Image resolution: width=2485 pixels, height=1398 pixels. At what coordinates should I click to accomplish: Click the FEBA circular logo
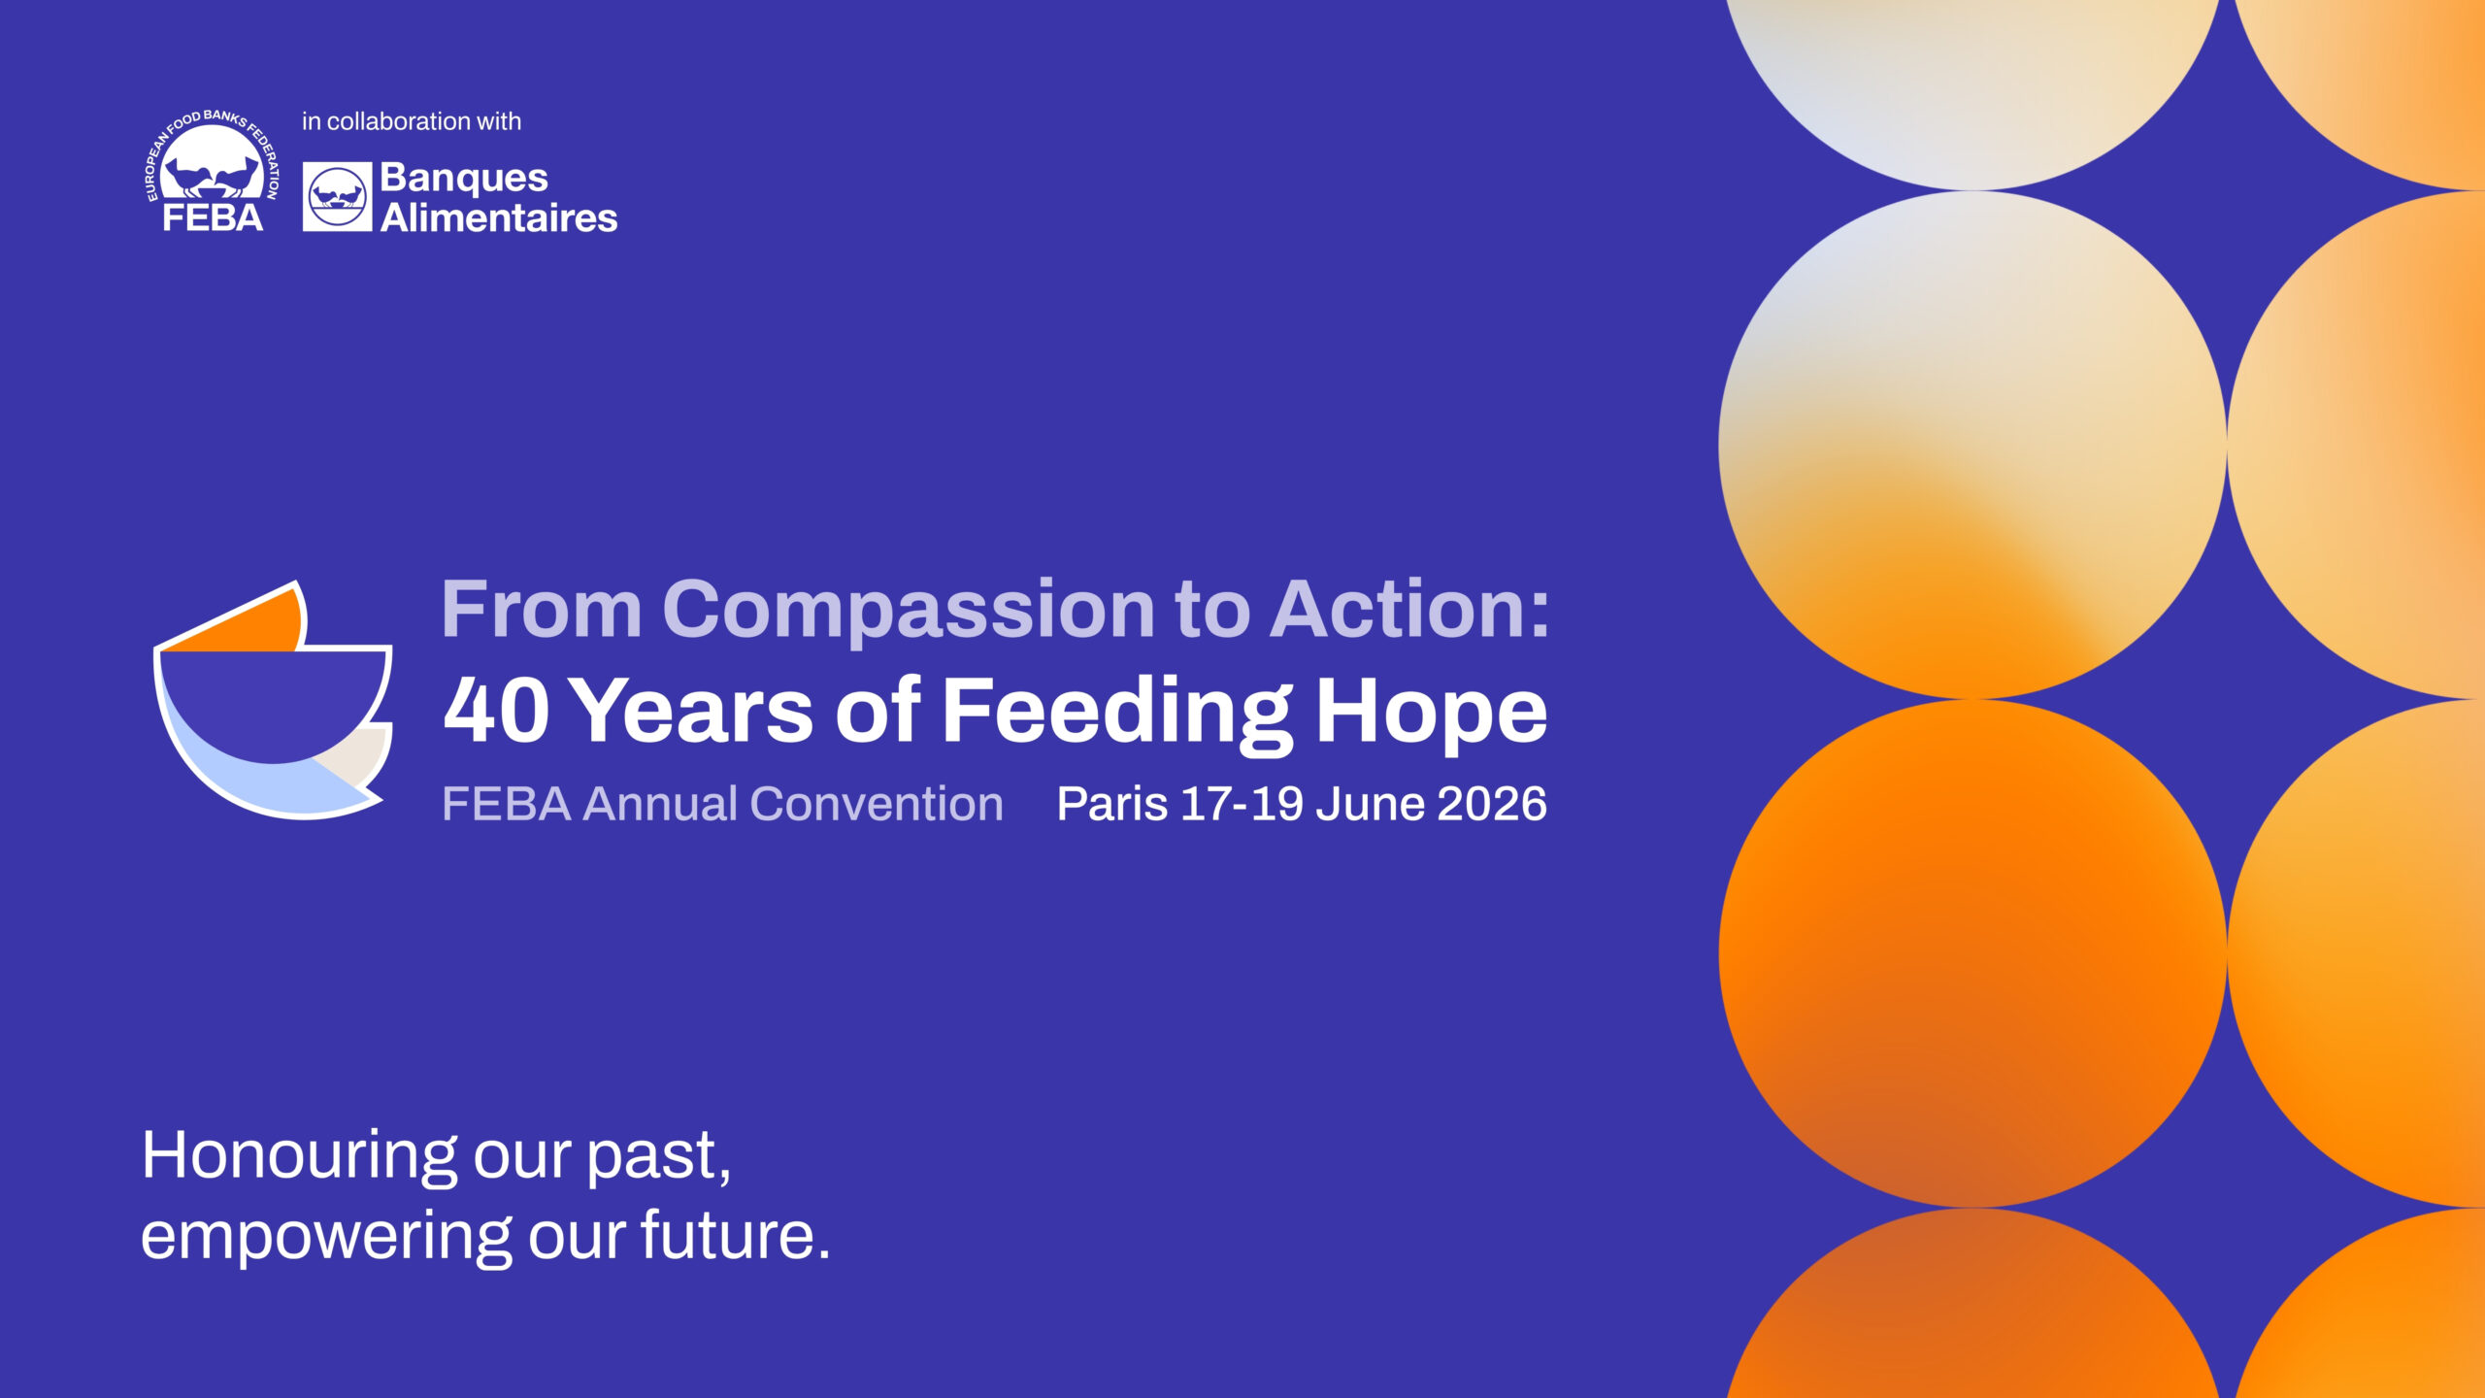point(212,171)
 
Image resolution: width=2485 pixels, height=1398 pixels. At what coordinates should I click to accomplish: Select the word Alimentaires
point(499,217)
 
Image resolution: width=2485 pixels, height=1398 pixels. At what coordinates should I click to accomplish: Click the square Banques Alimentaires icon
point(337,197)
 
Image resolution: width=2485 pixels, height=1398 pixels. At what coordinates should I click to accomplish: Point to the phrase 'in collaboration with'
point(412,121)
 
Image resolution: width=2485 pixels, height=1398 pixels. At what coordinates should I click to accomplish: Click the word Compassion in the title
point(909,610)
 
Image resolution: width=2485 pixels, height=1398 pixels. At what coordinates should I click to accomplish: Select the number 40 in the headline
point(496,710)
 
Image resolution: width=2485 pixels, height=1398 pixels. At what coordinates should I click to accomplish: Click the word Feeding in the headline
point(1117,714)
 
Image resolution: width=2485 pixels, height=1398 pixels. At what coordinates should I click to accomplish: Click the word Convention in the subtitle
point(877,804)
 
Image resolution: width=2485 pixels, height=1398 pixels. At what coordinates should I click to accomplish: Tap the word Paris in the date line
point(1111,804)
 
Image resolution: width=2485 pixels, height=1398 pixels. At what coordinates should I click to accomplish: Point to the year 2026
point(1491,804)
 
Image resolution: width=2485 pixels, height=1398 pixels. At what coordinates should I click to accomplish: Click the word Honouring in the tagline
point(299,1157)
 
